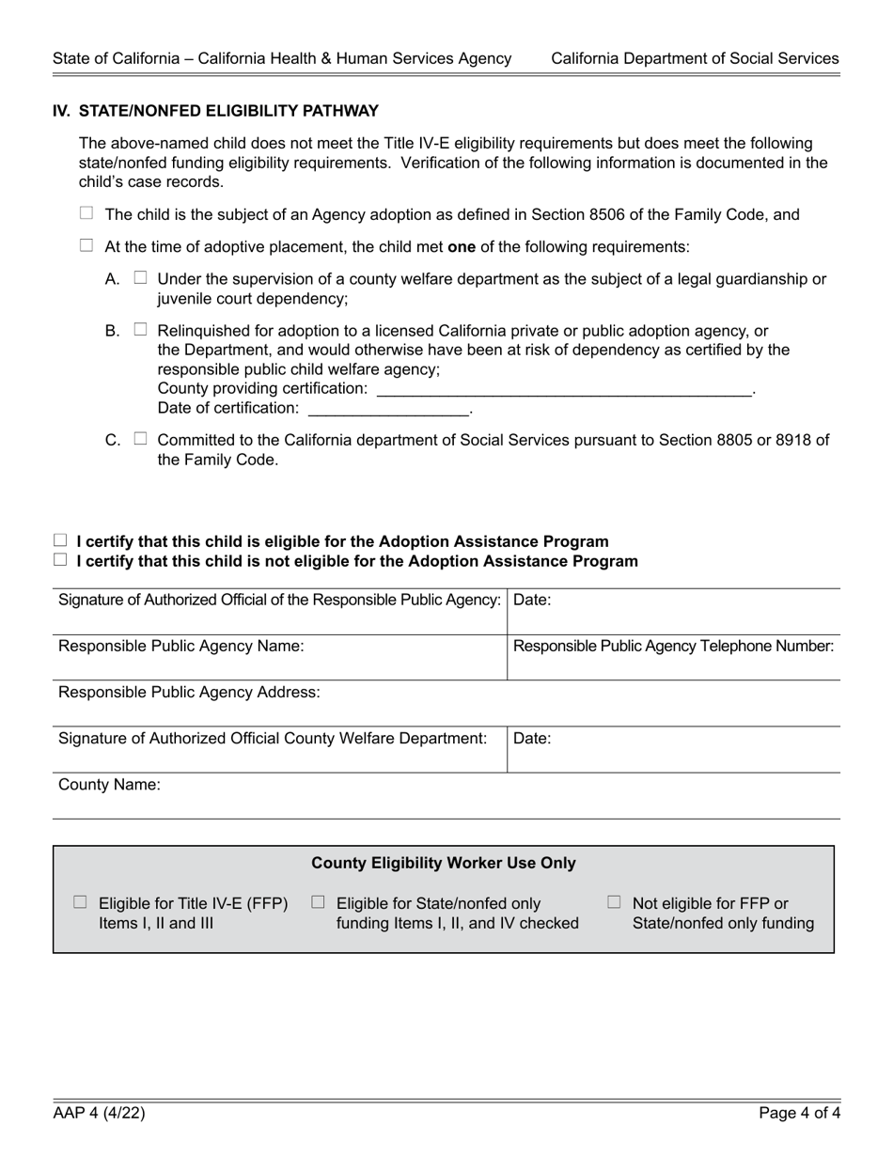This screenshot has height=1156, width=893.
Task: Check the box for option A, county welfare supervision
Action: click(x=141, y=277)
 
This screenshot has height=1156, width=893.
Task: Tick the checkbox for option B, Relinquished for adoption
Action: click(x=141, y=329)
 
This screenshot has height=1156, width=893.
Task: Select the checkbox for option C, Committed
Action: click(x=141, y=438)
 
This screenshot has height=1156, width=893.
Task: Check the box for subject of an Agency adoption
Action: click(x=86, y=213)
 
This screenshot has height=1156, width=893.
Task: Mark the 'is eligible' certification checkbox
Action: click(x=61, y=540)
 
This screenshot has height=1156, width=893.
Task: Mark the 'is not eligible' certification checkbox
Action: click(x=61, y=560)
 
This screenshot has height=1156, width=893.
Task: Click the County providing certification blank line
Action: click(x=564, y=388)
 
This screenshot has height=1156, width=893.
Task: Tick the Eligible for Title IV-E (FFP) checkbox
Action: click(x=80, y=902)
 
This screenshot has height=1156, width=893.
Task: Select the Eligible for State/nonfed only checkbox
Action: click(x=318, y=902)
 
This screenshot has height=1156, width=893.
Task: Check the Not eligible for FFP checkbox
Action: click(x=614, y=902)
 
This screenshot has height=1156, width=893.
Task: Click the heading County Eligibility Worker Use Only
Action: click(x=444, y=863)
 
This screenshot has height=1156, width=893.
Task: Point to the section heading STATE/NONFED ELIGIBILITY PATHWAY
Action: click(x=228, y=111)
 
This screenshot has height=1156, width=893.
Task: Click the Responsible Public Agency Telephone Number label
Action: click(x=674, y=646)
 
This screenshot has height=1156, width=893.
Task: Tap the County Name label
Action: click(x=110, y=784)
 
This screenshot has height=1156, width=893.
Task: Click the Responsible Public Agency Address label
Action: click(x=189, y=693)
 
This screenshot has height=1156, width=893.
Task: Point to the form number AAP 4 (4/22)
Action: click(x=99, y=1114)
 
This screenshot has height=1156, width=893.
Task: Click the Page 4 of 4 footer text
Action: click(x=800, y=1114)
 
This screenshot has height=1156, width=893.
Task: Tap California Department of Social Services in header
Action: click(x=695, y=58)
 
